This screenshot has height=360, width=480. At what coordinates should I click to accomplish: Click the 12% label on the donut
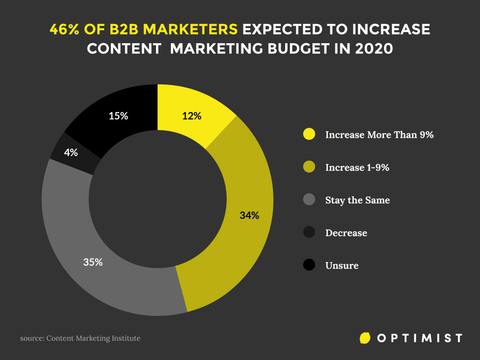coord(192,116)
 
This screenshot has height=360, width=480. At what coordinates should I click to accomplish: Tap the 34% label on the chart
coord(249,216)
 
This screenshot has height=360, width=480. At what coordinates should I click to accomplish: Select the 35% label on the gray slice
coord(93,262)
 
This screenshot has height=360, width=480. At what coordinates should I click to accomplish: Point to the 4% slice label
coord(71,153)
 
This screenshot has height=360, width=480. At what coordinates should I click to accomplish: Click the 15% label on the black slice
coord(118,116)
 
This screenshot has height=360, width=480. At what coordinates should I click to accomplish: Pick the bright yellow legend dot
coord(310,134)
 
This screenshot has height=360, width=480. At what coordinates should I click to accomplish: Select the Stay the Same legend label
coord(358,200)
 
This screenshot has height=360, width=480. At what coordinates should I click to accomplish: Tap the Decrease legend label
coord(346,233)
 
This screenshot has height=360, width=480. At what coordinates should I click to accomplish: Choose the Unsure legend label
coord(342,265)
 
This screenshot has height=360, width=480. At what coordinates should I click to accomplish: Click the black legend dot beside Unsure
coord(310,265)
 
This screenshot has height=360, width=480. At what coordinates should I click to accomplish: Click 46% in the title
coord(66,29)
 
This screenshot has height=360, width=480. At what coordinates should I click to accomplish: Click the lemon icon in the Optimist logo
coord(365,338)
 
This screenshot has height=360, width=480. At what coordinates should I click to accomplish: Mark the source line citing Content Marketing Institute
coord(80,338)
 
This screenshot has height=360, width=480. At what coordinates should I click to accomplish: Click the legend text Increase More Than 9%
coord(379,135)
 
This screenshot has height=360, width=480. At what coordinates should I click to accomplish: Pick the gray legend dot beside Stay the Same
coord(310,200)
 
